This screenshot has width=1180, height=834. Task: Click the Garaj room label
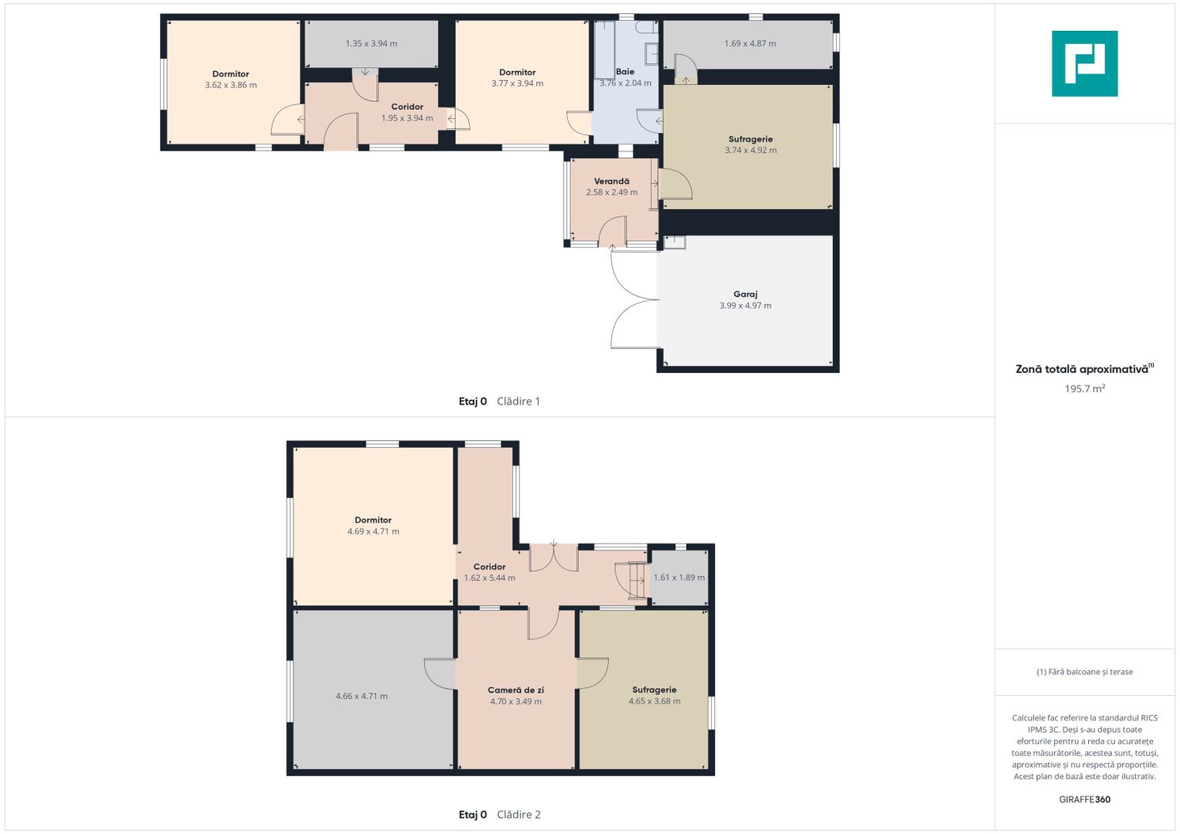(745, 294)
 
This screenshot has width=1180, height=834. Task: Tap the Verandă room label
(611, 181)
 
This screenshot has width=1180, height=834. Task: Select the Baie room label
(624, 72)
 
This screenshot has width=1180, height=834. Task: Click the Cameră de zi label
(515, 690)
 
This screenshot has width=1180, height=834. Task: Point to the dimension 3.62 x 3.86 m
(231, 85)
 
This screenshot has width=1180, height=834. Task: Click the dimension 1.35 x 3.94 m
(372, 43)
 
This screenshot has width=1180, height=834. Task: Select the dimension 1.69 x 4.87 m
(750, 43)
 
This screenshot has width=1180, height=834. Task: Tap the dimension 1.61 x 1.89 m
(679, 577)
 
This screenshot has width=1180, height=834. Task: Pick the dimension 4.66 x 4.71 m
(362, 696)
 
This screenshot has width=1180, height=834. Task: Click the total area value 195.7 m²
(1085, 388)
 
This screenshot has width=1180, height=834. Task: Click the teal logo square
(1085, 63)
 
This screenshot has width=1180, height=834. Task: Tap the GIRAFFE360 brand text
(1085, 799)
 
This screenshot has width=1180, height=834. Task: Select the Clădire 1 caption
(519, 402)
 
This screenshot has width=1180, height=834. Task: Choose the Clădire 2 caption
(519, 815)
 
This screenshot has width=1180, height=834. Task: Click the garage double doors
(634, 300)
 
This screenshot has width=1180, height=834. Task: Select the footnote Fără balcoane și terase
(1085, 672)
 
